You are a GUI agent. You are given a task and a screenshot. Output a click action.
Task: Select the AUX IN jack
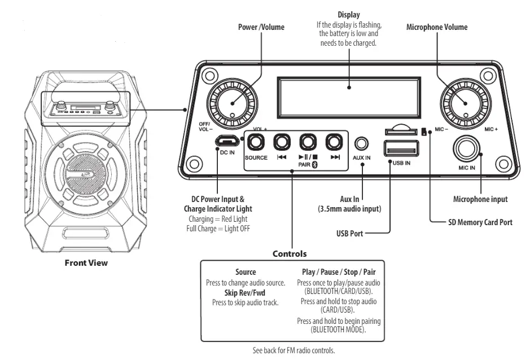pyautogui.click(x=361, y=143)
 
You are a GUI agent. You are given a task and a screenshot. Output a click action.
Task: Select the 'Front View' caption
pyautogui.click(x=86, y=262)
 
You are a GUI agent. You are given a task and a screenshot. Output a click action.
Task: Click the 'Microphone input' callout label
pyautogui.click(x=480, y=199)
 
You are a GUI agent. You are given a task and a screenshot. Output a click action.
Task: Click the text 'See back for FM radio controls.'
pyautogui.click(x=294, y=350)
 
